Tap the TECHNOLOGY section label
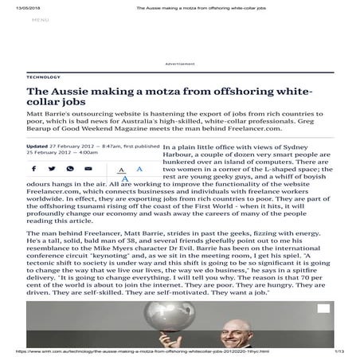click(43, 77)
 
